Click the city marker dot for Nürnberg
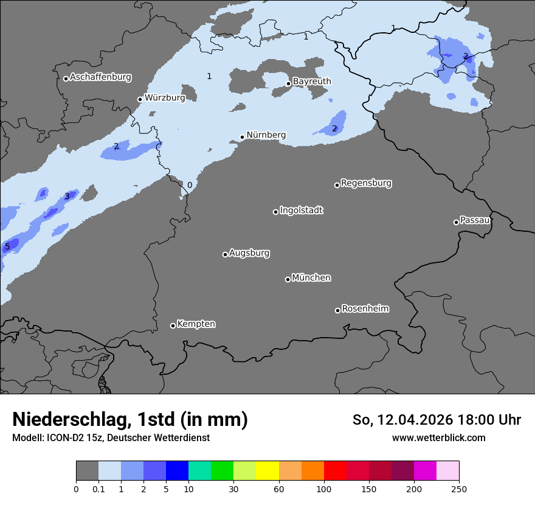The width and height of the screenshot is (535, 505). [242, 137]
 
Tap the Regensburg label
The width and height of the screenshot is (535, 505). [366, 183]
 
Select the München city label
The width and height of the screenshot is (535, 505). [311, 278]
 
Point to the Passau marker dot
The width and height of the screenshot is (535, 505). [456, 222]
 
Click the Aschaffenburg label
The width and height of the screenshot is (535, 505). [100, 77]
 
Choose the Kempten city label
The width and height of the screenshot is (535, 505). [196, 324]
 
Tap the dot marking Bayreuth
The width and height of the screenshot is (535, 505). [288, 84]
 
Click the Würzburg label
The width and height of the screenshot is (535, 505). [165, 98]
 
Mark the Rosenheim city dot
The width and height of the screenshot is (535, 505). [337, 311]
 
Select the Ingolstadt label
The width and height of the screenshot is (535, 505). [301, 211]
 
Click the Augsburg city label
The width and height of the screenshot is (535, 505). [249, 253]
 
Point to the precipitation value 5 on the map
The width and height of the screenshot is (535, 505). [7, 247]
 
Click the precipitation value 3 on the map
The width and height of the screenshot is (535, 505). [67, 197]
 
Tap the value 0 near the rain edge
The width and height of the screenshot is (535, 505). [190, 186]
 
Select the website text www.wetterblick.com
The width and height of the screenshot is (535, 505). [438, 438]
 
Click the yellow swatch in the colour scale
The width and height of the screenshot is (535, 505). [267, 471]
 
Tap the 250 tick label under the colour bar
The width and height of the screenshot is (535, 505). [458, 489]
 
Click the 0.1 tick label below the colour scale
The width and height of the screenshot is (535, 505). [98, 489]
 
